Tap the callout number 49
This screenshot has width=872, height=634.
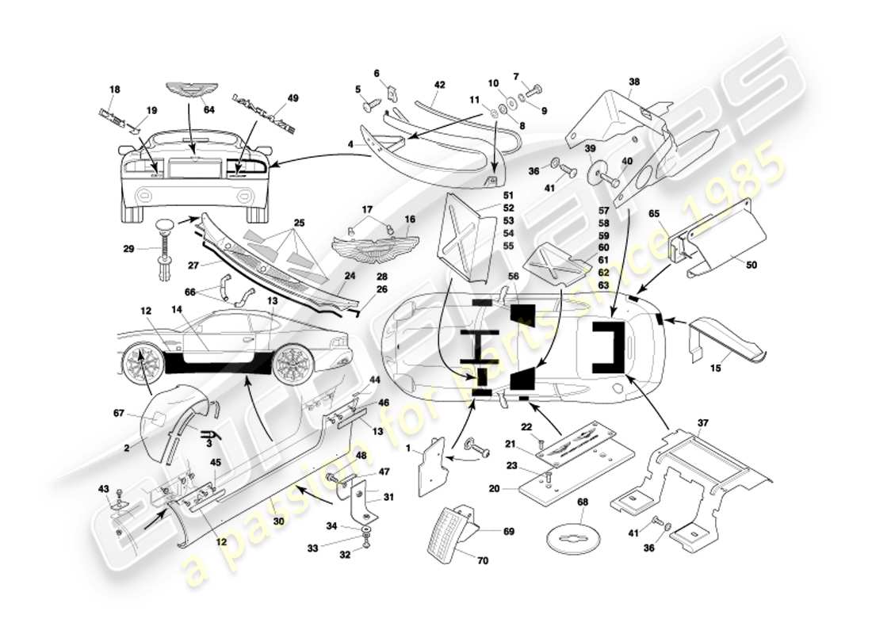pos(293,98)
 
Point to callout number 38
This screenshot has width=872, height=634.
pos(633,81)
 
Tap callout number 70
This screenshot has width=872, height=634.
pos(483,560)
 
